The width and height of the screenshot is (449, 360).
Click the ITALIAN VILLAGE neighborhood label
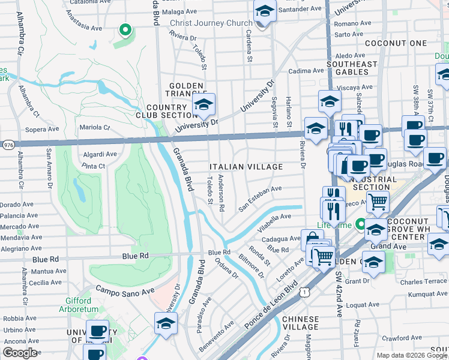click(246, 166)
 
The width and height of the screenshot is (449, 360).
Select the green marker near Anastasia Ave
click(125, 29)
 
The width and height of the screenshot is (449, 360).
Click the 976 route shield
click(8, 145)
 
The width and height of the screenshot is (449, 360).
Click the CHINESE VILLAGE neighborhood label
click(300, 323)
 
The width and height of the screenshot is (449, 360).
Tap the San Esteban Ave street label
click(260, 198)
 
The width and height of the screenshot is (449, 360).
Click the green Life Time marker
click(361, 225)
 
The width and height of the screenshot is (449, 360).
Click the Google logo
click(20, 353)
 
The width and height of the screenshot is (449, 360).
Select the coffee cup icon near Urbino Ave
click(97, 331)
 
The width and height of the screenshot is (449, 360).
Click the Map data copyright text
click(412, 355)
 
